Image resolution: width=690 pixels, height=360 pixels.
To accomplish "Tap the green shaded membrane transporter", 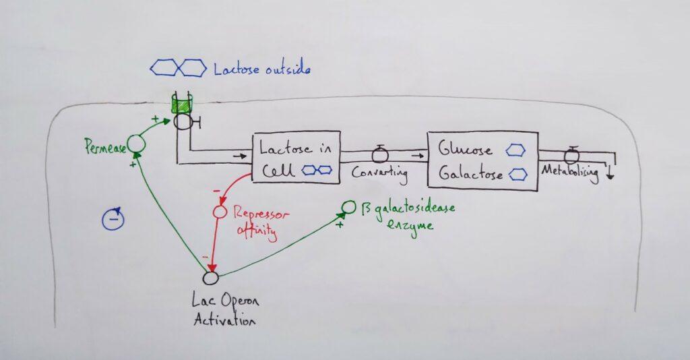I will [181, 104].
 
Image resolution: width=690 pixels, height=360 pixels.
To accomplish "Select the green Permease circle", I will [136, 142].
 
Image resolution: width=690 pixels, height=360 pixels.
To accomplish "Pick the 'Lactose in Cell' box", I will [295, 158].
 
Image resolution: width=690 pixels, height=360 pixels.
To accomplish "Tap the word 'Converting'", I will [380, 173].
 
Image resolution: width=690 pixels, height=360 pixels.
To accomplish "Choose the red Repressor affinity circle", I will [218, 212].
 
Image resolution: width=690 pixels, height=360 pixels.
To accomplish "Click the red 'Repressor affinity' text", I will [260, 222].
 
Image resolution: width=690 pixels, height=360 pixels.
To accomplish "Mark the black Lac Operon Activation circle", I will [211, 277].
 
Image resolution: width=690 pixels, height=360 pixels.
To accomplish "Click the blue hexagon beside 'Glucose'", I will [516, 149].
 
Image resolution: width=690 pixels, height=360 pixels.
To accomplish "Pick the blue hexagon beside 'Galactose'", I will [517, 175].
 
